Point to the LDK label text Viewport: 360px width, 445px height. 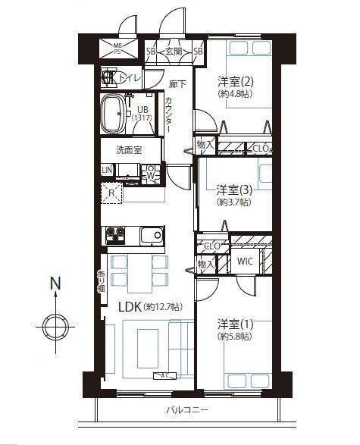point(133,307)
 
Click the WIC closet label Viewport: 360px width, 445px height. point(245,262)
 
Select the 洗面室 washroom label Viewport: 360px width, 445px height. point(128,149)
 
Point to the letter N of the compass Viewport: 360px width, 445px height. point(55,284)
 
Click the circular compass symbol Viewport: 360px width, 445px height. point(55,327)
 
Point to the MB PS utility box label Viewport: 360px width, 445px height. point(117,49)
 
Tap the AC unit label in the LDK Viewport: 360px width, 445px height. point(164,376)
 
